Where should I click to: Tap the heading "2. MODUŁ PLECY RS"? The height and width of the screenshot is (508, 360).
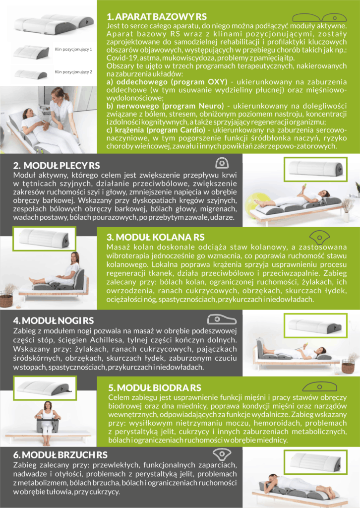click(57, 165)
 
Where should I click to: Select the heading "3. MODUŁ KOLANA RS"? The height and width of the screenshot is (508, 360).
click(155, 238)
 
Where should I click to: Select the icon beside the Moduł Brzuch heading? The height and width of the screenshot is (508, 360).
click(222, 454)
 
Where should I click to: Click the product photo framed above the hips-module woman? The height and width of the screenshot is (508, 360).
click(45, 388)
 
